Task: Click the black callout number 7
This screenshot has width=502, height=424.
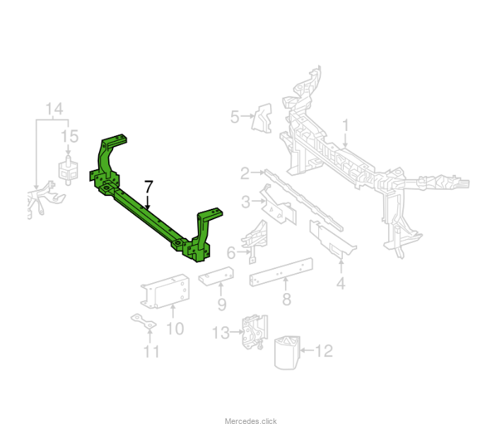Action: [x=148, y=187]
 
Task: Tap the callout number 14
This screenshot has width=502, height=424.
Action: [x=54, y=109]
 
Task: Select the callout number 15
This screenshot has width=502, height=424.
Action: [x=69, y=137]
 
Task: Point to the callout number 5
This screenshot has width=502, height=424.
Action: [x=235, y=117]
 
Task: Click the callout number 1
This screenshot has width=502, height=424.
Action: [x=345, y=125]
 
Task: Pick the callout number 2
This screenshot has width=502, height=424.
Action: [x=245, y=173]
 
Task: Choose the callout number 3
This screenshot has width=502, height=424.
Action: [x=246, y=202]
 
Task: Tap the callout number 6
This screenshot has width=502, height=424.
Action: [x=231, y=253]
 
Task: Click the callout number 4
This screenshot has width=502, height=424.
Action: [x=341, y=284]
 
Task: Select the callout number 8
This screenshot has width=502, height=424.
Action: [x=286, y=299]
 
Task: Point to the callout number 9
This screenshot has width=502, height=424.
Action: [x=222, y=304]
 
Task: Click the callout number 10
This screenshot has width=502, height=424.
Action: [x=175, y=329]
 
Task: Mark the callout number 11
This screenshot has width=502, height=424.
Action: [x=151, y=352]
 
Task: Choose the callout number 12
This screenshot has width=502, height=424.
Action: [x=324, y=351]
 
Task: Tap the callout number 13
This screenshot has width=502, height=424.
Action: [x=221, y=333]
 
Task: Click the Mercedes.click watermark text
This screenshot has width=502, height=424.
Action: [x=251, y=420]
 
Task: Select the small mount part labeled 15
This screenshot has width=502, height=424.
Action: [x=68, y=170]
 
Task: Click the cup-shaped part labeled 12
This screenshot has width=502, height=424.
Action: [x=287, y=353]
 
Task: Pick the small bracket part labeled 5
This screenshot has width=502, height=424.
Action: [x=262, y=118]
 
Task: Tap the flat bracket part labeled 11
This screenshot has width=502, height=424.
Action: [x=144, y=321]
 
